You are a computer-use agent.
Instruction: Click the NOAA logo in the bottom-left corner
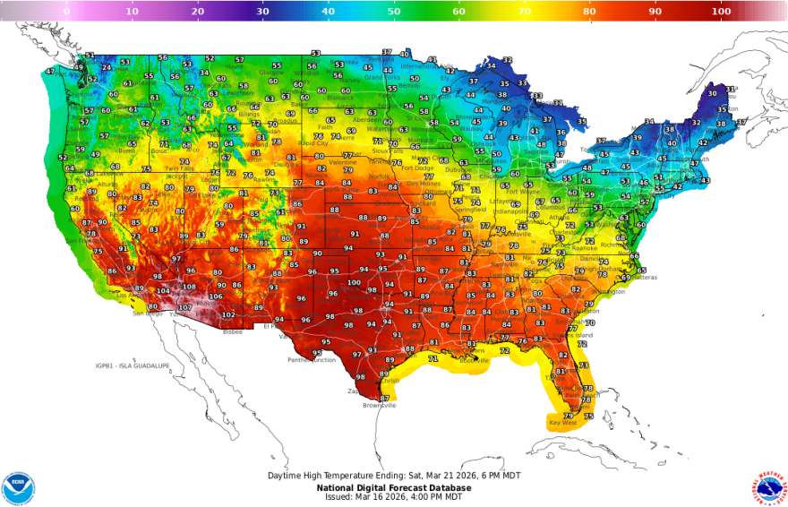point(18,486)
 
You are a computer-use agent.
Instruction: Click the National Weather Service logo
point(767,486)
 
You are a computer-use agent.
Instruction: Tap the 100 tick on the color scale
point(721,12)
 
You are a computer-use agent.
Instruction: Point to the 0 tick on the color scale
point(67,12)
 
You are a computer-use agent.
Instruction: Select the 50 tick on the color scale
point(394,12)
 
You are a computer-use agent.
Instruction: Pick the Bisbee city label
point(233,331)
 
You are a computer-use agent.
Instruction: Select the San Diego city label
point(147,314)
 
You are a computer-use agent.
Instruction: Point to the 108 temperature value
point(189,288)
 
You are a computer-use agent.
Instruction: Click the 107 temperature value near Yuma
point(184,307)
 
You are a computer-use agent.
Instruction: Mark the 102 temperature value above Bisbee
point(228,315)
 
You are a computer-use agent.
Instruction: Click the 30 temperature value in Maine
point(713,92)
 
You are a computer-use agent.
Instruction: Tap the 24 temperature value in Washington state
point(107,68)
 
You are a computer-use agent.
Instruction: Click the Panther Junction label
point(311,360)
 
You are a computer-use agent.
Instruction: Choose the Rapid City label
point(313,142)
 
